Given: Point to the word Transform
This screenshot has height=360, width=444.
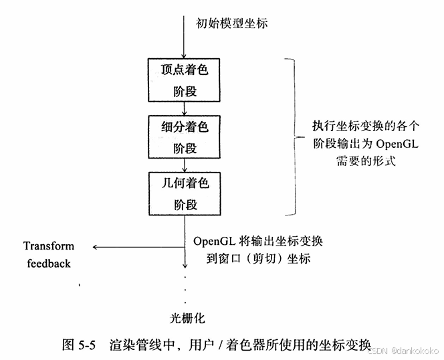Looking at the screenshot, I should coord(49,246).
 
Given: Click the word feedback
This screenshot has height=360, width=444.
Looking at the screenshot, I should coord(49,263).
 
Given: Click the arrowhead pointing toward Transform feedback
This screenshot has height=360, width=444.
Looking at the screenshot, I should coord(96,247).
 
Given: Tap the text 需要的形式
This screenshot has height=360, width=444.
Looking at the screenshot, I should coord(359,161).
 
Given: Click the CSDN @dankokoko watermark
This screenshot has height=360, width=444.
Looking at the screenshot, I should coord(405,350).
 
